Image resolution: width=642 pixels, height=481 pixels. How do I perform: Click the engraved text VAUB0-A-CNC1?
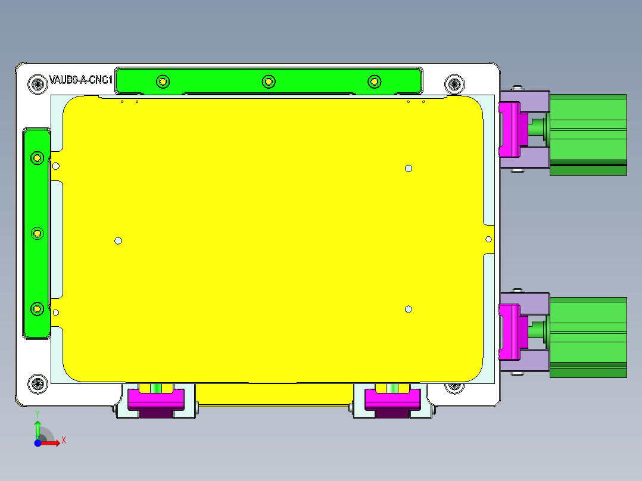tap(82, 80)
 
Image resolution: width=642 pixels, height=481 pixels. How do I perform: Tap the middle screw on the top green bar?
tap(269, 81)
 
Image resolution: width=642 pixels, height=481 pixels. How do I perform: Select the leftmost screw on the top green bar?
tap(162, 81)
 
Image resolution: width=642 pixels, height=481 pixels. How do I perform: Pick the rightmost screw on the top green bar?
tap(374, 81)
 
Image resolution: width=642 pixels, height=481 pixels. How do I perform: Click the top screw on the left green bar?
tap(38, 158)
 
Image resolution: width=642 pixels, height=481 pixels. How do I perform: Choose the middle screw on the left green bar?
tap(38, 233)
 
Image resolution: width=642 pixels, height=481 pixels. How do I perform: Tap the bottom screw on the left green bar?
tap(38, 308)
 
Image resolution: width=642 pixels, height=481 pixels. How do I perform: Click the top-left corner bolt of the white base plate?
tap(38, 84)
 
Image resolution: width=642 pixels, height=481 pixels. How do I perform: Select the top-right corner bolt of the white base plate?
tap(454, 84)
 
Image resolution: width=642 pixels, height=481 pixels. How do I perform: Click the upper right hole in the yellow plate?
tap(409, 168)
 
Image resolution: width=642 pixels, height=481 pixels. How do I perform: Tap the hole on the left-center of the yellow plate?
tap(118, 240)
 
